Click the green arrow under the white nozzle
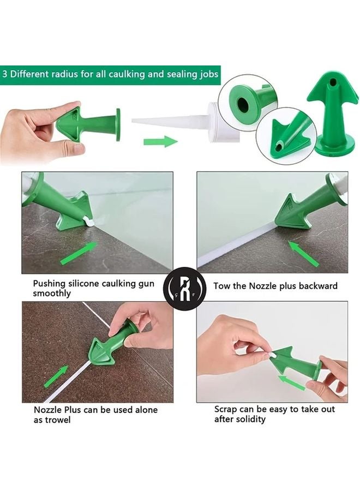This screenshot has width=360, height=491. (160, 142)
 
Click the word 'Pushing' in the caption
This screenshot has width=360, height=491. (49, 284)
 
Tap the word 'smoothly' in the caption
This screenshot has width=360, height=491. (52, 294)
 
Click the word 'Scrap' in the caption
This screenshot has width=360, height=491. (226, 409)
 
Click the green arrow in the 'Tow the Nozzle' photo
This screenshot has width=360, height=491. (303, 253)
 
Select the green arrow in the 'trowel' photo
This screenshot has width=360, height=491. (56, 376)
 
